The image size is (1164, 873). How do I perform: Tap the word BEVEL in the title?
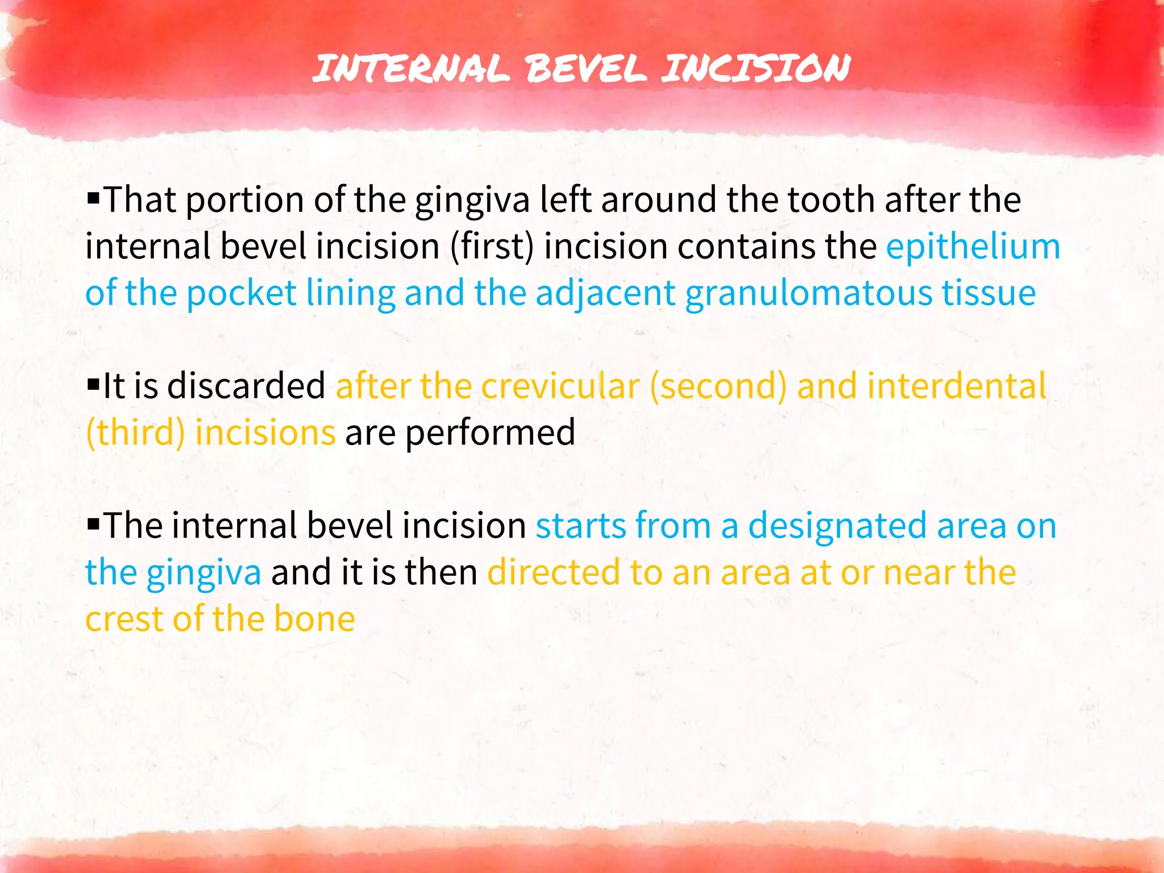click(585, 68)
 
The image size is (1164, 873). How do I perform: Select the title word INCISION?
click(756, 68)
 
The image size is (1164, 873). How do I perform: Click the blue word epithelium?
click(973, 247)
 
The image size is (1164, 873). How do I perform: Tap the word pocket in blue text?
click(241, 294)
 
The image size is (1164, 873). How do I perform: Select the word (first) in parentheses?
click(492, 247)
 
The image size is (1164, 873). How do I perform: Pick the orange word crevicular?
click(560, 386)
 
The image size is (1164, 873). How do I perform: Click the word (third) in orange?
click(135, 433)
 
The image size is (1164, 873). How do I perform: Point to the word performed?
click(490, 433)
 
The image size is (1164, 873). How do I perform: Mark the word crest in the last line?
click(124, 619)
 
